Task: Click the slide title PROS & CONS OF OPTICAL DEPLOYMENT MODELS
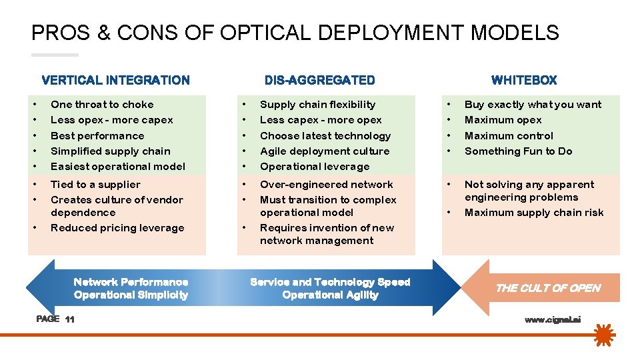point(295,33)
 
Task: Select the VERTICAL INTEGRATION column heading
point(115,80)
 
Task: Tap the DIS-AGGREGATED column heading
point(319,80)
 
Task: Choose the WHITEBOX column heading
point(523,80)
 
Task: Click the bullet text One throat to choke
point(102,105)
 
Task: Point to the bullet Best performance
point(97,136)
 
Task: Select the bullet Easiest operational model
point(118,167)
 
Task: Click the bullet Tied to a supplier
point(95,185)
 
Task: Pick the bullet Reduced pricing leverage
point(117,228)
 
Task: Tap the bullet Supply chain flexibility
point(317,105)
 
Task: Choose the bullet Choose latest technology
point(325,136)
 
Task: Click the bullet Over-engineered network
point(326,185)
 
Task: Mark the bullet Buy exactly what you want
point(533,105)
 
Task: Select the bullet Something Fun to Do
point(518,151)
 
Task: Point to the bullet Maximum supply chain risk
point(534,213)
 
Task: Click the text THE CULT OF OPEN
point(548,288)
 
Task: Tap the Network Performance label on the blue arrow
point(131,283)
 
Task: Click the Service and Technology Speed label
point(330,283)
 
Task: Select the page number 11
point(70,320)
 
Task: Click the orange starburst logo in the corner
point(603,334)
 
